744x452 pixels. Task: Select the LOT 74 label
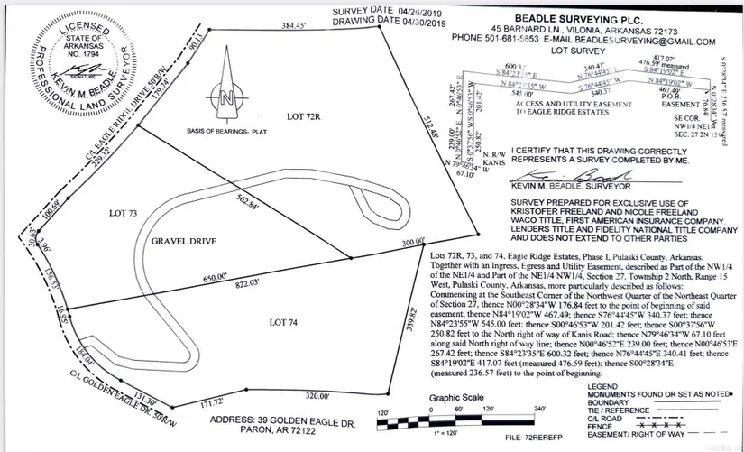289,321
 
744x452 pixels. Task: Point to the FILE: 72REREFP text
533,440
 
